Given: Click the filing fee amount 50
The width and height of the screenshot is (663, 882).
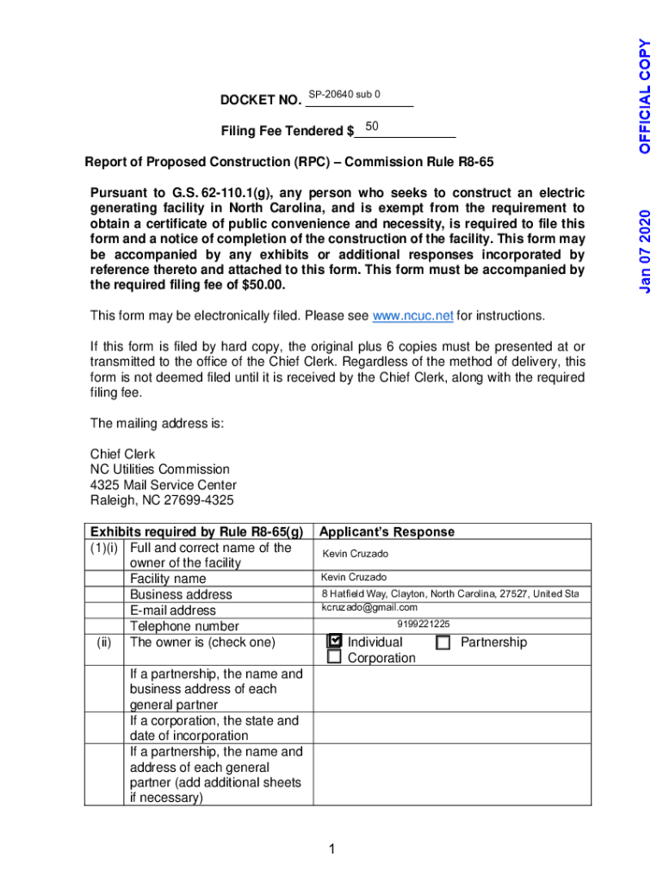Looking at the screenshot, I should coord(372,127).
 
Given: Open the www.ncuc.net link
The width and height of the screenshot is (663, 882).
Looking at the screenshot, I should coord(412,316).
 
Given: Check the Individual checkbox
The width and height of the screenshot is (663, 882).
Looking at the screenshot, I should coord(335,642).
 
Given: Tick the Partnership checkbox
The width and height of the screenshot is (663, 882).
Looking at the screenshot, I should coord(443,643).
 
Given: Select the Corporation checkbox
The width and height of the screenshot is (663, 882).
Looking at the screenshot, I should coord(334,658).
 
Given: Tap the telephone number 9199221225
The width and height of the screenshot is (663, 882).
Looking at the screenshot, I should coord(423,624).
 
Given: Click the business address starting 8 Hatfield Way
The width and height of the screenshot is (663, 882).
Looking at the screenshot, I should coord(450,593).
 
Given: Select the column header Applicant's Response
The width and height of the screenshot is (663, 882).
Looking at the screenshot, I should coord(387,532).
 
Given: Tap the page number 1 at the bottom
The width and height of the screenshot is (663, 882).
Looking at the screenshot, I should coord(331,850).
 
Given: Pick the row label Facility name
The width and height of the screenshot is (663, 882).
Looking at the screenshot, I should coord(168,579).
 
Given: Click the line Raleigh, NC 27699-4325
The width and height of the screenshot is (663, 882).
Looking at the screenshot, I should coord(162,500).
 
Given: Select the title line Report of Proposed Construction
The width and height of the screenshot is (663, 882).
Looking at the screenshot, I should coord(288,162).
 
